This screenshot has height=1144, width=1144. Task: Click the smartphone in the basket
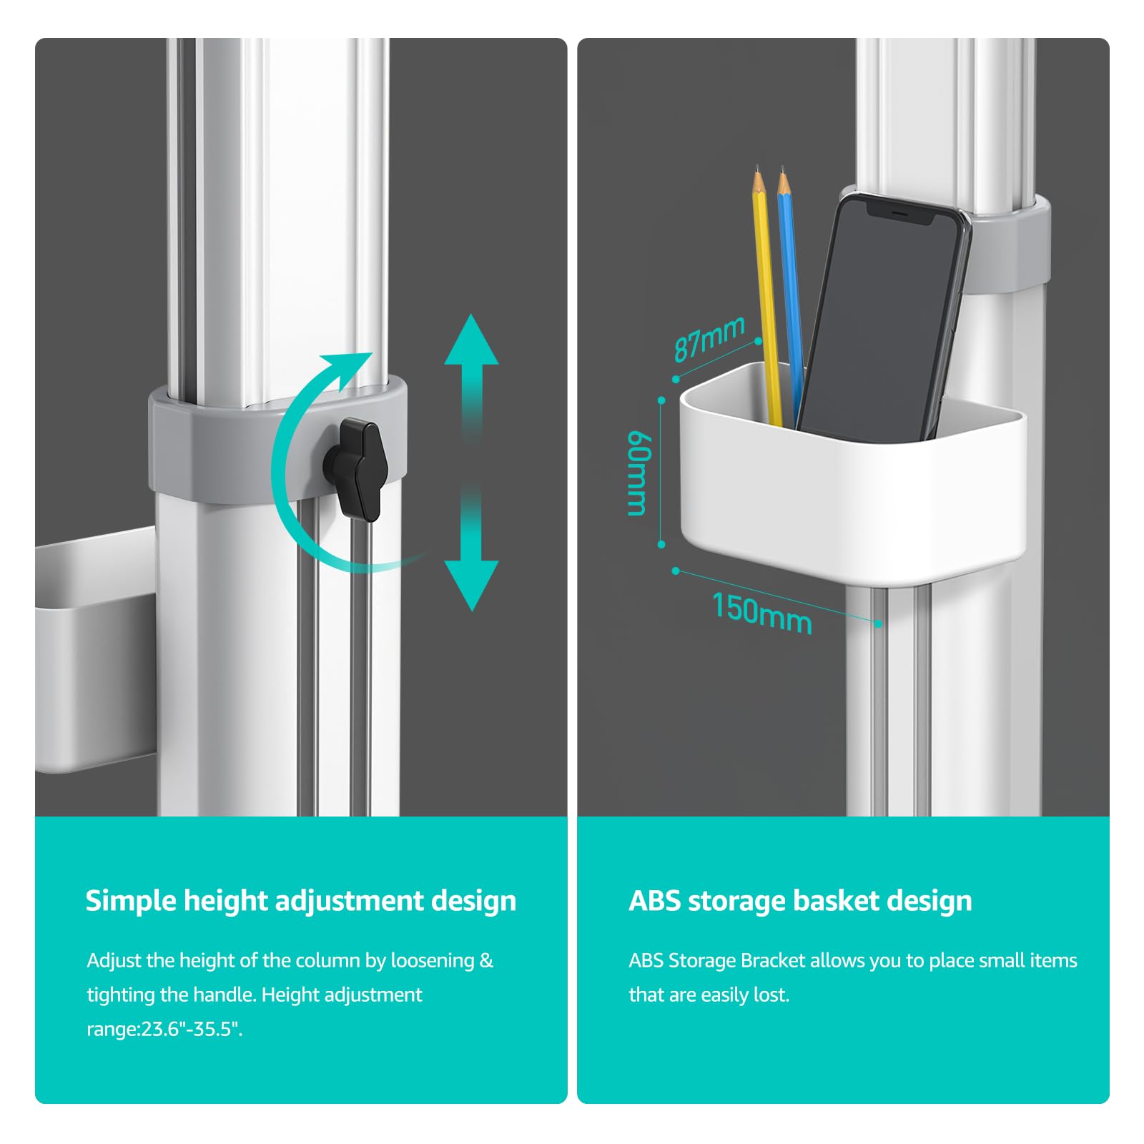[884, 319]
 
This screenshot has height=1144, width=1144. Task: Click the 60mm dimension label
[637, 473]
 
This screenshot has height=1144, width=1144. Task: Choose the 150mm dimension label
[762, 613]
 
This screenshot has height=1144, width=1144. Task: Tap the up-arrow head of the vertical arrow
[471, 340]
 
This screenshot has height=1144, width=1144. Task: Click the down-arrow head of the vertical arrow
[471, 585]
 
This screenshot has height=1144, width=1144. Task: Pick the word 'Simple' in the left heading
[131, 901]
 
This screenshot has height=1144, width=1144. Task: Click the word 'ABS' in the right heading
[654, 900]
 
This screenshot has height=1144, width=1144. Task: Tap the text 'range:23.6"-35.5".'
[165, 1029]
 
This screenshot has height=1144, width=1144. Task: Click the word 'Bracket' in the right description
[773, 960]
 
